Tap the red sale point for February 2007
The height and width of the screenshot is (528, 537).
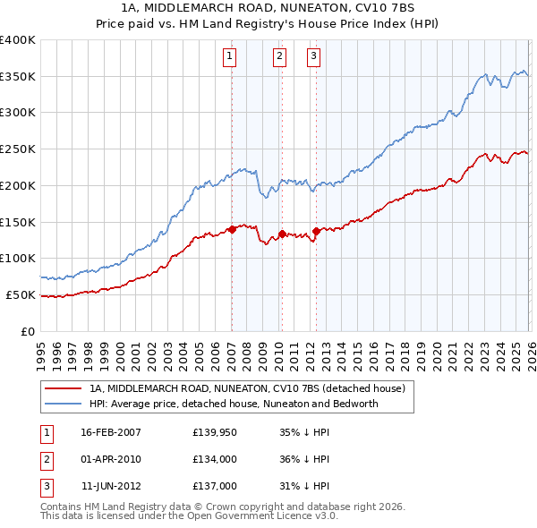click(232, 229)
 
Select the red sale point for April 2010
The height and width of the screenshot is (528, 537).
click(281, 234)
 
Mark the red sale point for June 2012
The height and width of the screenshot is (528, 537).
click(316, 232)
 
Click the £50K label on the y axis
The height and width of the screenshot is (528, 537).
click(21, 294)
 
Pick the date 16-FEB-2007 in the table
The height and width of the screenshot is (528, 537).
click(111, 432)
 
